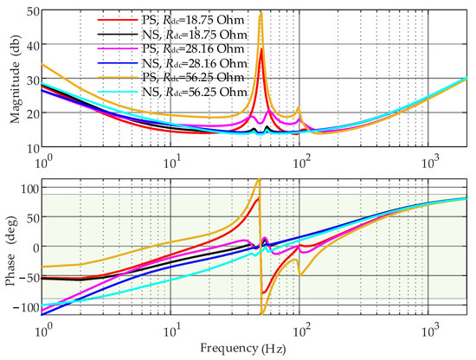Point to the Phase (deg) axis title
click(x=9, y=247)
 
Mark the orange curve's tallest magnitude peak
click(x=261, y=13)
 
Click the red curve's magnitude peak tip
click(x=261, y=49)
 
